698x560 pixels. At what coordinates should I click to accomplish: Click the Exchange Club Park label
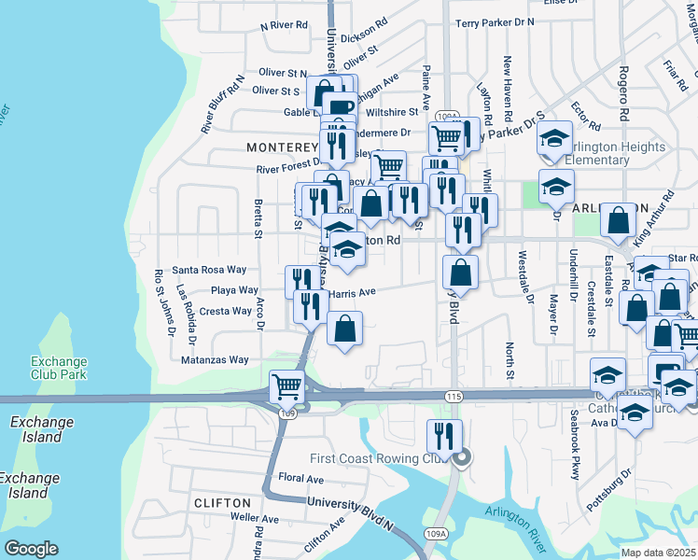pyautogui.click(x=59, y=368)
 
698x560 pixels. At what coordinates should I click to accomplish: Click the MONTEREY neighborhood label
pyautogui.click(x=283, y=147)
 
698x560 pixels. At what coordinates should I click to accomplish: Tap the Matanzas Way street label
pyautogui.click(x=215, y=359)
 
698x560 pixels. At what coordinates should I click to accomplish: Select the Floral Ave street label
pyautogui.click(x=300, y=479)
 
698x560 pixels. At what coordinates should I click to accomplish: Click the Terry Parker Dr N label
pyautogui.click(x=495, y=21)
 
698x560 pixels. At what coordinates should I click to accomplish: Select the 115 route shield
pyautogui.click(x=454, y=397)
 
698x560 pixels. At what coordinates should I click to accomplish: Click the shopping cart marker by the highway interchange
pyautogui.click(x=287, y=385)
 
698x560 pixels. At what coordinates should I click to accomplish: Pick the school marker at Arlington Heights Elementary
pyautogui.click(x=555, y=139)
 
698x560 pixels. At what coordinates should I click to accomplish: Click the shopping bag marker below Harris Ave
pyautogui.click(x=345, y=328)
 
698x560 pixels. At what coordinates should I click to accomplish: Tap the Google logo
pyautogui.click(x=32, y=549)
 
